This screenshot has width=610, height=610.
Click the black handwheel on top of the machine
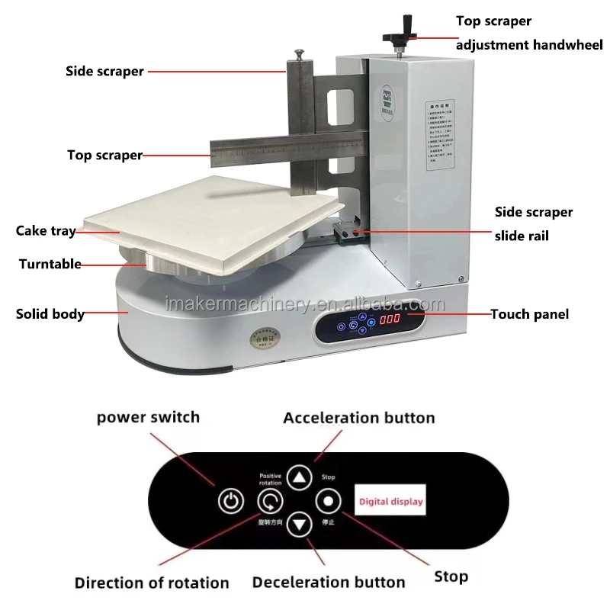tap(400, 35)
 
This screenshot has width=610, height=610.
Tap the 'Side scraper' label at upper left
tap(104, 71)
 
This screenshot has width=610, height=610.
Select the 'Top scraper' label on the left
tap(104, 155)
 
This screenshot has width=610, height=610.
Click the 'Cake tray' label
tap(46, 230)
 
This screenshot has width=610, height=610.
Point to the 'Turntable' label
tap(50, 264)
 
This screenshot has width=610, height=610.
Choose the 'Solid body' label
tap(50, 313)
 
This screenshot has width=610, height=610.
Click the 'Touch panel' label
tap(529, 313)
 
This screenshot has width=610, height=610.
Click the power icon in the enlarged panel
tap(231, 502)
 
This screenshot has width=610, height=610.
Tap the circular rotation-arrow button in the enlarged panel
tap(269, 502)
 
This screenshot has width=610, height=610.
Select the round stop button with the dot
tap(328, 502)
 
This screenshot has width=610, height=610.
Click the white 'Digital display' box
tap(390, 502)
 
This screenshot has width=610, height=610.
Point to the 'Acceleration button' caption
tap(358, 418)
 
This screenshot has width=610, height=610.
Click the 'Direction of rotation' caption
tap(152, 583)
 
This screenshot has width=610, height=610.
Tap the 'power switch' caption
tap(148, 417)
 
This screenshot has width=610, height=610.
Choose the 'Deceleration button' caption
tap(329, 583)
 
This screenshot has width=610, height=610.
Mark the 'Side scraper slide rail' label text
tap(533, 223)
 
